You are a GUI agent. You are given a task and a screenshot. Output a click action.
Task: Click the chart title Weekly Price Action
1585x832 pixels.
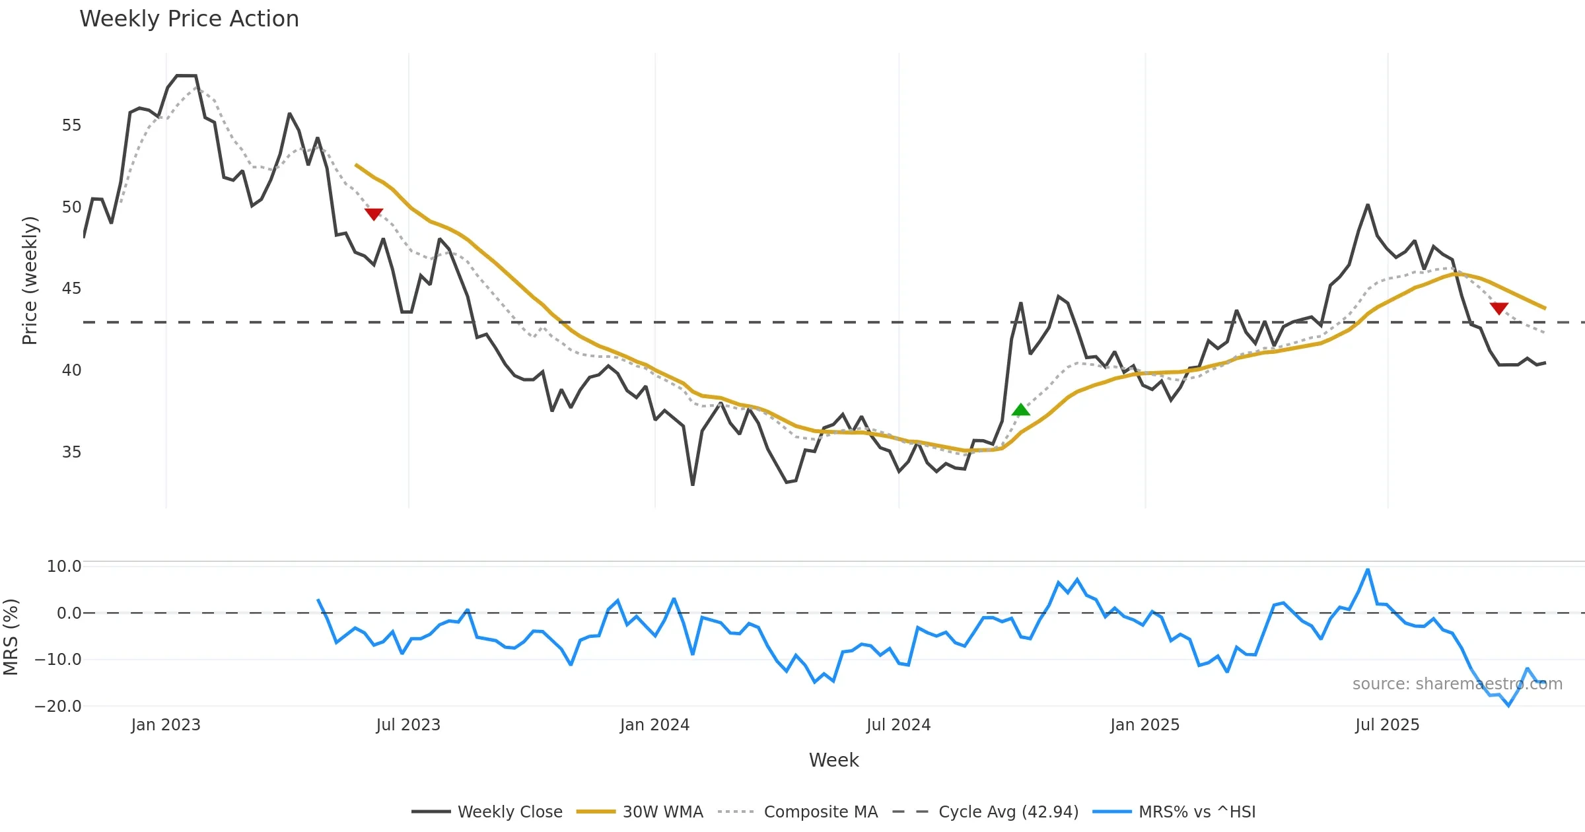(189, 19)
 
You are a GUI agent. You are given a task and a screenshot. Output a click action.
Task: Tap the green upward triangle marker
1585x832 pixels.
(1020, 410)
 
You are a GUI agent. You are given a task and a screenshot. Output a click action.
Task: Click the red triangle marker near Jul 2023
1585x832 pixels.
(374, 214)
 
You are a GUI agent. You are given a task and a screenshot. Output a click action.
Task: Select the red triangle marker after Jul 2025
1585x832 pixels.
(1499, 308)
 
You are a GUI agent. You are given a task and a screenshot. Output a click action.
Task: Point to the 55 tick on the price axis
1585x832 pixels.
(71, 125)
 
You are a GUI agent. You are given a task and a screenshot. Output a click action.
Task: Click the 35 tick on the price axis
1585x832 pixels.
(71, 452)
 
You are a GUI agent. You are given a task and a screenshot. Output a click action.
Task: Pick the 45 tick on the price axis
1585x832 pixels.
(71, 289)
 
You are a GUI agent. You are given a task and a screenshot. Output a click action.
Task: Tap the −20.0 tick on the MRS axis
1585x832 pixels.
(58, 706)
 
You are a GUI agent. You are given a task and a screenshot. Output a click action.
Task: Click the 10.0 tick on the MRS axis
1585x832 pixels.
(64, 567)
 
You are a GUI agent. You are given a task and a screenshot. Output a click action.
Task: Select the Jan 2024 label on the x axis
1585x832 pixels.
(654, 725)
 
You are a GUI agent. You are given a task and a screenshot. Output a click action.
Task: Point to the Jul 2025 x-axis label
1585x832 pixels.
(1387, 725)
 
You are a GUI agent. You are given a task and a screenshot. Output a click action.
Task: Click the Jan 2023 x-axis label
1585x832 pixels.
(165, 725)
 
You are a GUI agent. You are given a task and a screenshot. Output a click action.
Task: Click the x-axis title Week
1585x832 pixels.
(833, 761)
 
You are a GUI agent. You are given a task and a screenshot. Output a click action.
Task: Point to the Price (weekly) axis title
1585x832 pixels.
(30, 281)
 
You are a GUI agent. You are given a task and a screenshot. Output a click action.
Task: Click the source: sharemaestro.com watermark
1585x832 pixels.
(1457, 684)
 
